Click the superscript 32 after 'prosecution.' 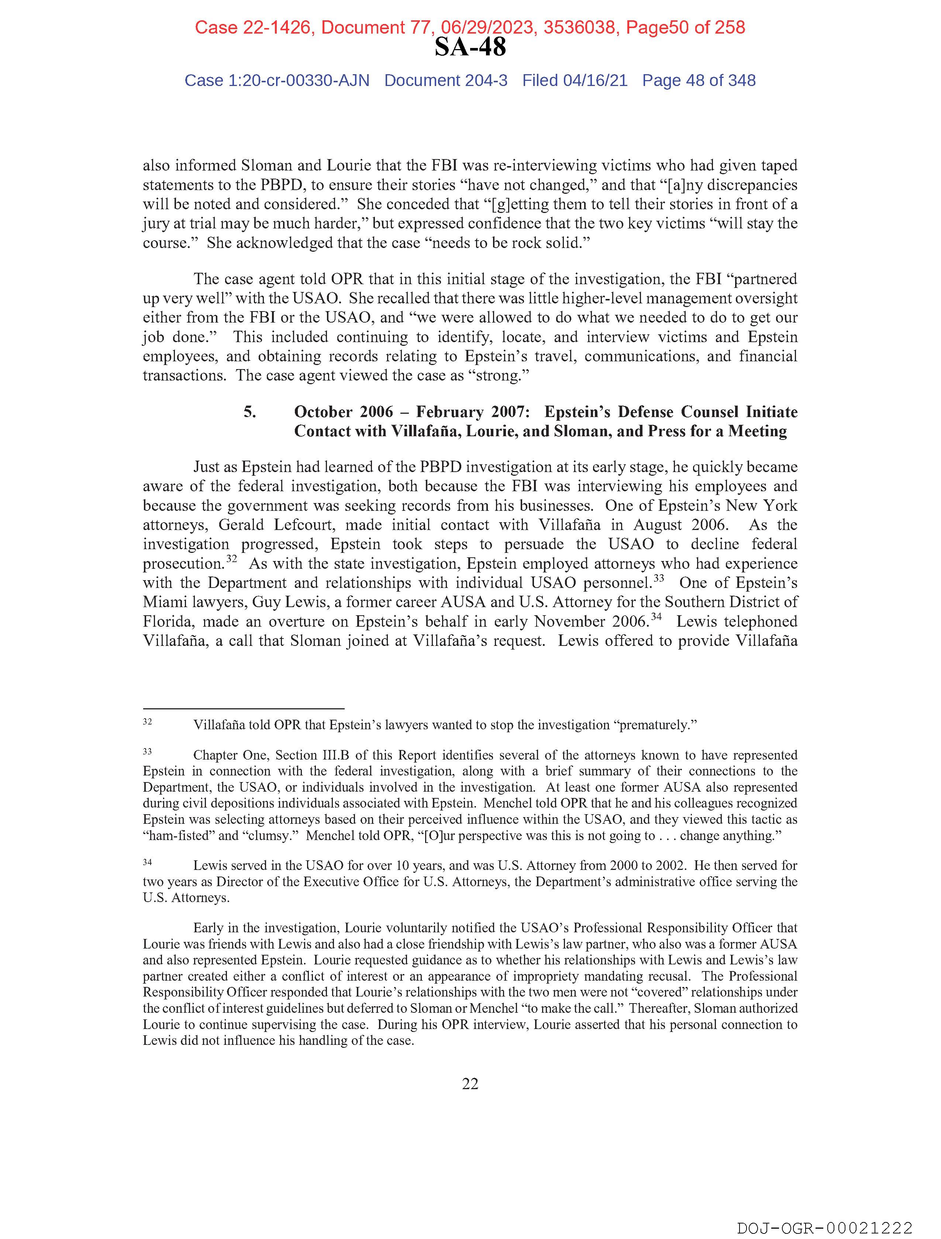click(x=231, y=559)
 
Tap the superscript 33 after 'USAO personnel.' click(x=659, y=578)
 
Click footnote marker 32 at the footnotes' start click(x=147, y=722)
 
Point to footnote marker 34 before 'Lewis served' click(x=147, y=862)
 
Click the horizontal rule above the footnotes click(x=243, y=709)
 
